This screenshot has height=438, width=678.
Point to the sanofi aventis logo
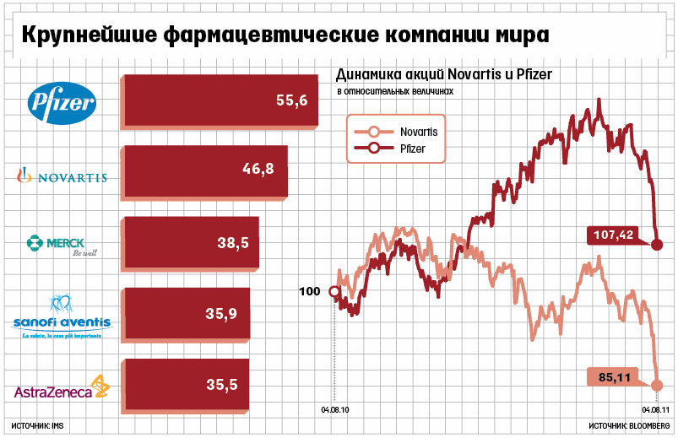pos(62,317)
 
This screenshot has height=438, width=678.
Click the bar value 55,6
pos(291,100)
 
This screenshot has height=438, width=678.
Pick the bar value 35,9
pos(221,314)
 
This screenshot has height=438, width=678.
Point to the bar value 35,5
pos(221,385)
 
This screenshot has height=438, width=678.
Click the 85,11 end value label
pos(616,377)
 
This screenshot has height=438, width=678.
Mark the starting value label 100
pos(310,292)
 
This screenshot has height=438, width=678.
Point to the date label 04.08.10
pos(334,411)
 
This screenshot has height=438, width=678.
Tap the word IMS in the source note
pos(57,427)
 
